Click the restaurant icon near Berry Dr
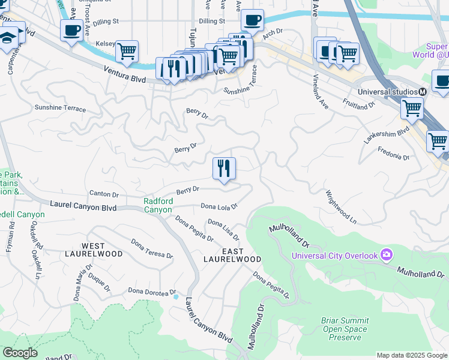click(x=224, y=168)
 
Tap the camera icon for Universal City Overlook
click(x=385, y=256)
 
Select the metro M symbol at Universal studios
click(x=423, y=91)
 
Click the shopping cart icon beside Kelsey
click(x=127, y=52)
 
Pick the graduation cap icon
click(x=8, y=38)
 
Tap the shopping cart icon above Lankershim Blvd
click(x=412, y=109)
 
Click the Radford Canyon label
click(x=158, y=205)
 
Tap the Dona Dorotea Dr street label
click(x=150, y=291)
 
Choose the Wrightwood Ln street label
click(x=341, y=207)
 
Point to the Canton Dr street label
click(x=104, y=194)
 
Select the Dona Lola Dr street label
click(x=219, y=206)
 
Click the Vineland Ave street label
click(x=321, y=91)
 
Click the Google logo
click(x=20, y=353)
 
